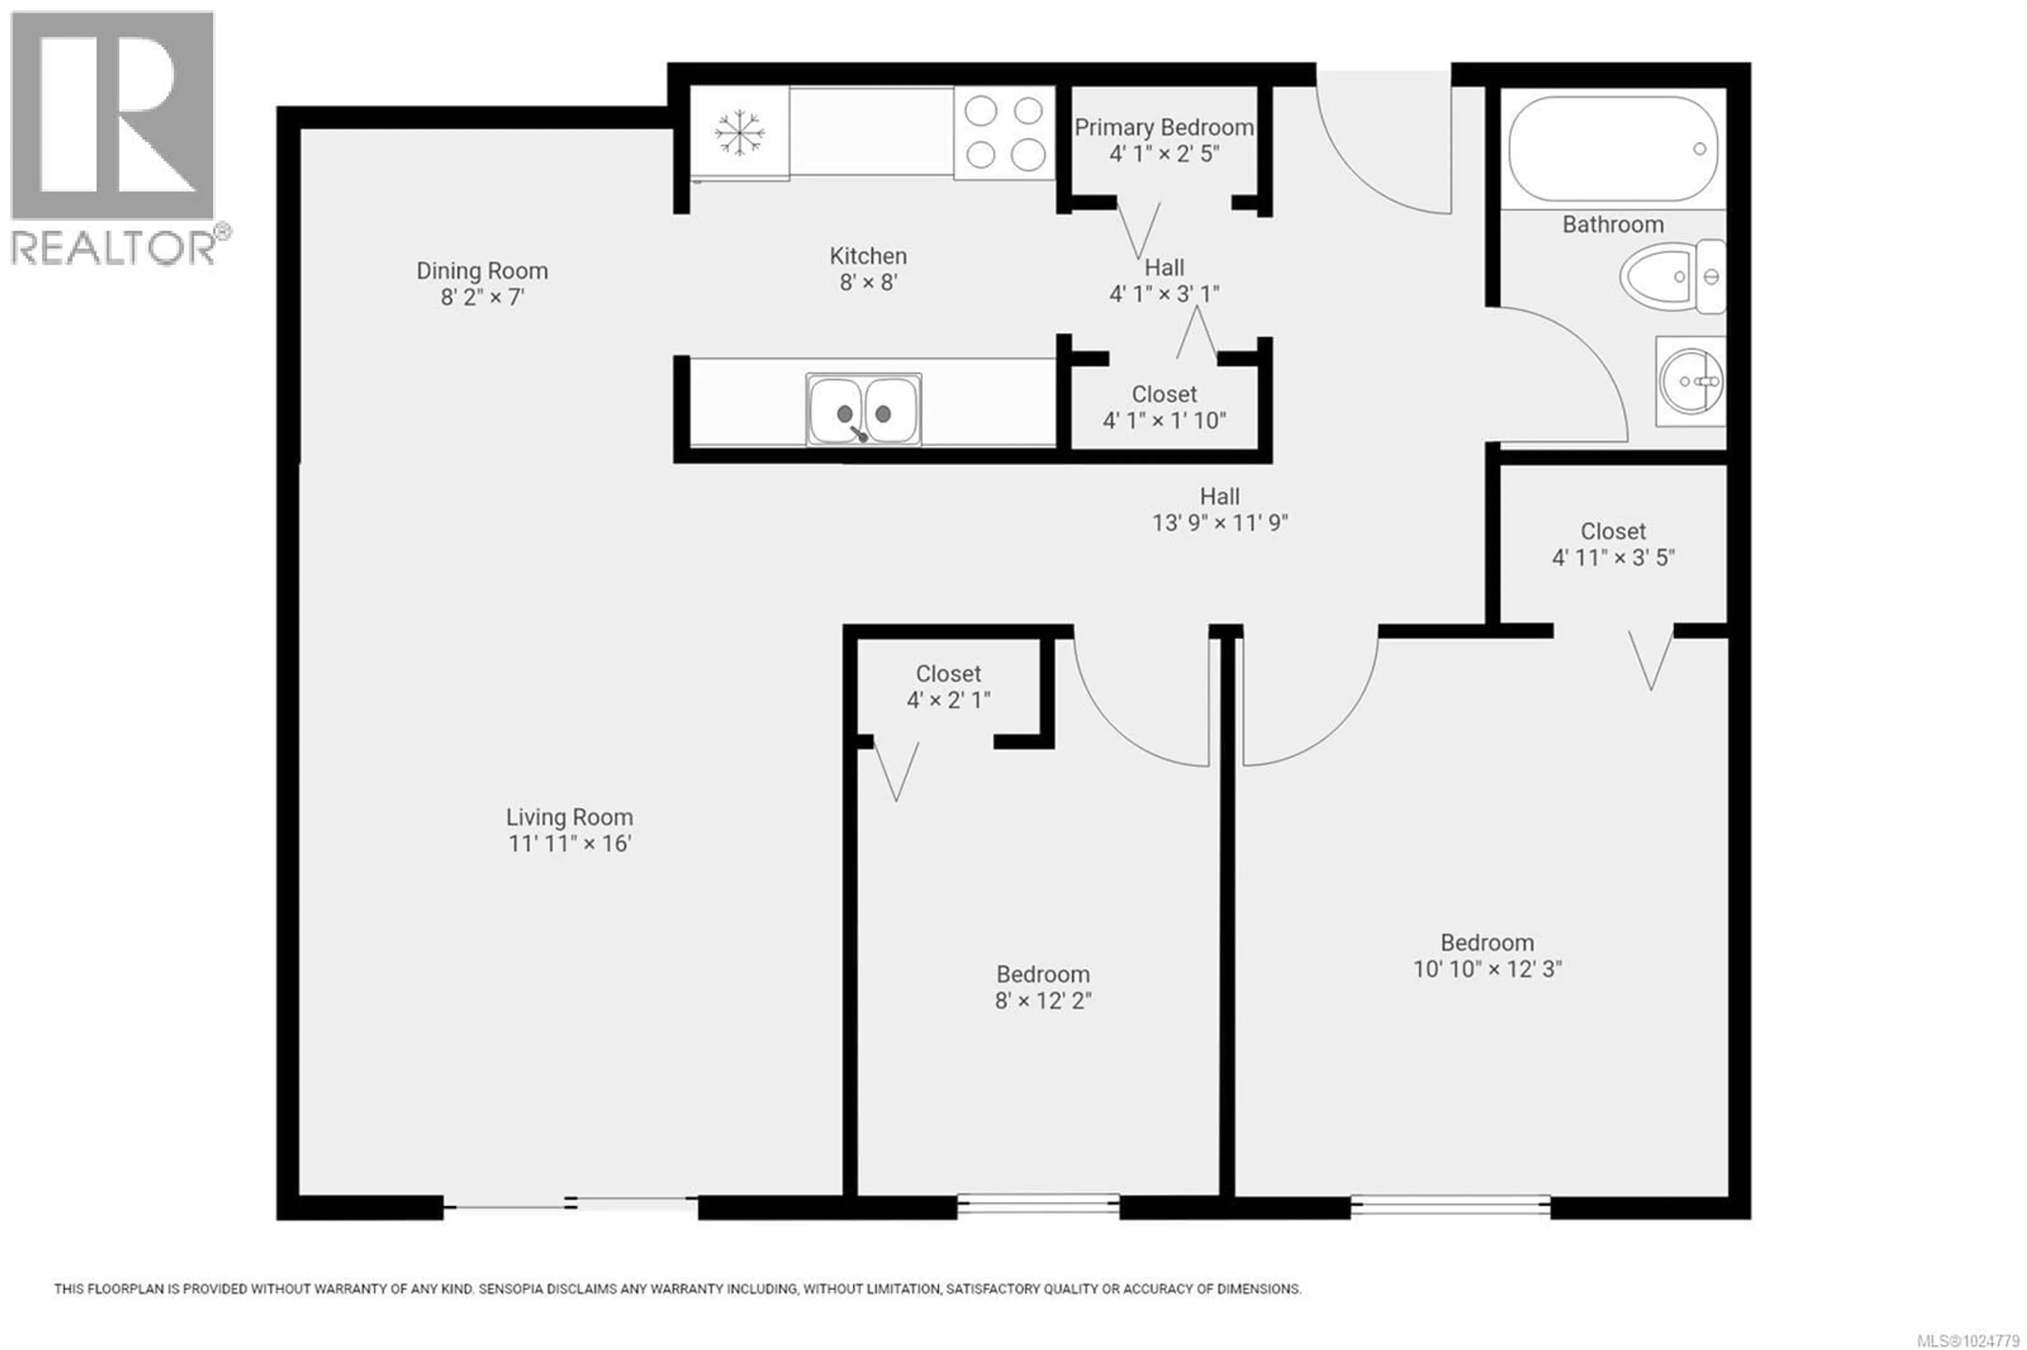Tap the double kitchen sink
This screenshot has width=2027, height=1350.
click(x=863, y=410)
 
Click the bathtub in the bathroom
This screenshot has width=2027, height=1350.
click(x=1612, y=148)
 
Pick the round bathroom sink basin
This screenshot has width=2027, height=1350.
click(x=1690, y=381)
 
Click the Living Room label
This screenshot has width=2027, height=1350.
click(x=569, y=817)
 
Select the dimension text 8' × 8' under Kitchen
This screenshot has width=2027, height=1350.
click(x=868, y=282)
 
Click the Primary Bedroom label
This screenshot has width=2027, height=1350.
click(x=1163, y=127)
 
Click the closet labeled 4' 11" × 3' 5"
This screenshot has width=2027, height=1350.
click(x=1612, y=544)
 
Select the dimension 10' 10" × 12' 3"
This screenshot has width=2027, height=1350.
click(x=1487, y=969)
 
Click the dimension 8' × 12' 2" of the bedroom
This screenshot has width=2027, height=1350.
click(x=1043, y=1001)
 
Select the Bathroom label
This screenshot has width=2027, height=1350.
click(x=1612, y=225)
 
